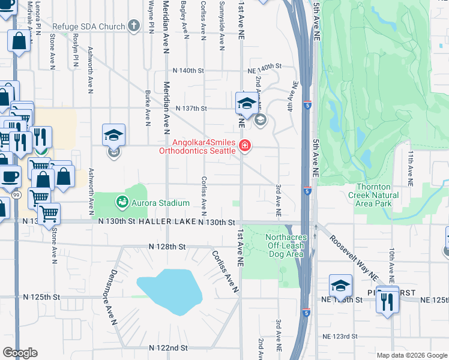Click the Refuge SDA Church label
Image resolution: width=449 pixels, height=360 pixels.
click(89, 26)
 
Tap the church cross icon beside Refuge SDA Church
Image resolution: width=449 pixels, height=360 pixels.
click(133, 26)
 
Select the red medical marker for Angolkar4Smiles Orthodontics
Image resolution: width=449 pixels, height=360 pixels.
click(244, 145)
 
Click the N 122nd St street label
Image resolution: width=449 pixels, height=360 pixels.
click(168, 347)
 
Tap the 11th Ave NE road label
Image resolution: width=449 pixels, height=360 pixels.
click(411, 167)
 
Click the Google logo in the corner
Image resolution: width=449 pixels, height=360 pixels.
click(20, 353)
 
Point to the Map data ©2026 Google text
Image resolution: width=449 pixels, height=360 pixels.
click(411, 355)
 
